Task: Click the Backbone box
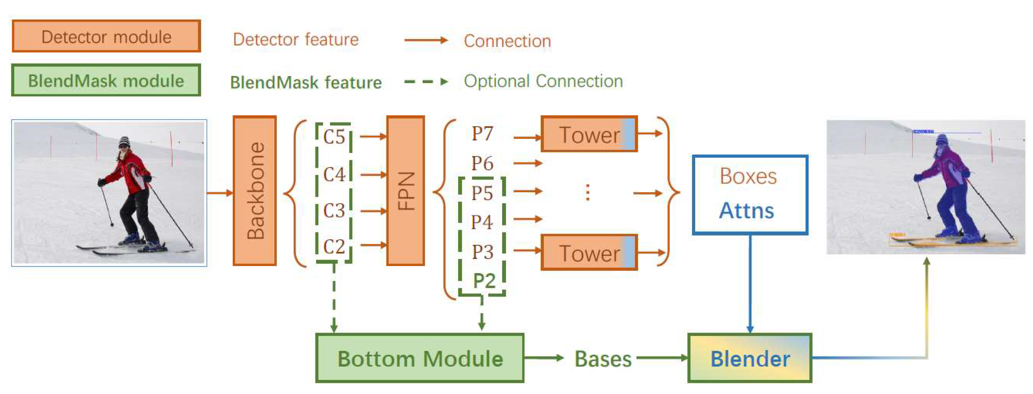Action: point(255,191)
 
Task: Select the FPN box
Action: point(405,191)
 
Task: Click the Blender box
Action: point(750,358)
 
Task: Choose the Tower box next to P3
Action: point(589,253)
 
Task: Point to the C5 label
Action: point(334,137)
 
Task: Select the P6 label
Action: point(482,163)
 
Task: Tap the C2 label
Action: point(334,246)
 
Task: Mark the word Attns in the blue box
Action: point(746,211)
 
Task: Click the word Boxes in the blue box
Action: point(748,176)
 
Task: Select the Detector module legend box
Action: point(106,36)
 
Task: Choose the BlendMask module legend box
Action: point(106,80)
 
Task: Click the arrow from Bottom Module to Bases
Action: point(544,358)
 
